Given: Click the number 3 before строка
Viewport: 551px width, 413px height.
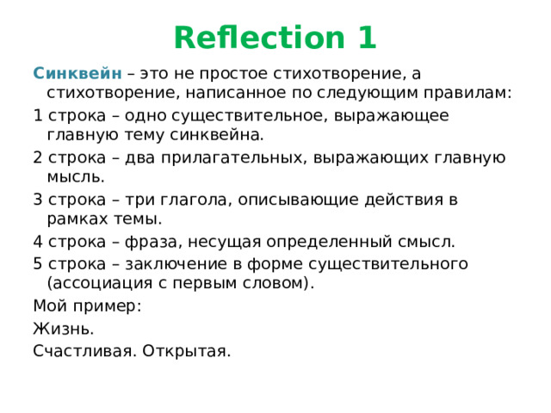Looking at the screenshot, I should tap(38, 199).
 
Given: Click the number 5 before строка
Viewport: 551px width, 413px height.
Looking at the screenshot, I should tap(38, 262).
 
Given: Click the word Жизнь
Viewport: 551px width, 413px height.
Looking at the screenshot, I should tap(64, 329).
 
